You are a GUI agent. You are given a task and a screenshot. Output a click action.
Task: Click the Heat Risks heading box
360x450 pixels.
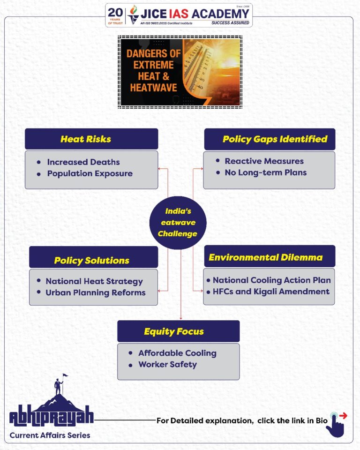point(91,139)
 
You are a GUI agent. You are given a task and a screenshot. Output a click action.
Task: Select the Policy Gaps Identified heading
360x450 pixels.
point(269,139)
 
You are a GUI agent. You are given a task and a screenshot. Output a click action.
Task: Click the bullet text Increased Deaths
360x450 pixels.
point(83,162)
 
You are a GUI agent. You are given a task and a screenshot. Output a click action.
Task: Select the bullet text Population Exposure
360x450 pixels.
point(90,173)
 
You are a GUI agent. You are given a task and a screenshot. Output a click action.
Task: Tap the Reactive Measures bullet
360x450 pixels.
point(264,161)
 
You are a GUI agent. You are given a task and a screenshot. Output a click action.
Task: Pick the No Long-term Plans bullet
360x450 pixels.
point(265,172)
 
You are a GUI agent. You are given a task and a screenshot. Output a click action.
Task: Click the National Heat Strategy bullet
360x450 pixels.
point(94,281)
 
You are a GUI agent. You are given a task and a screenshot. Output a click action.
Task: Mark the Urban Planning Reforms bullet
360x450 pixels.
point(95,292)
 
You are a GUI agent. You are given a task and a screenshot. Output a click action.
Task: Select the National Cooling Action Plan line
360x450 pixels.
point(271,280)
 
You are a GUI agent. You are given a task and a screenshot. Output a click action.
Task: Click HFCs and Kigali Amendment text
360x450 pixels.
point(271,291)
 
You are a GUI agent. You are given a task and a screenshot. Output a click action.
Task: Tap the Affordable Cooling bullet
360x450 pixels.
point(177,353)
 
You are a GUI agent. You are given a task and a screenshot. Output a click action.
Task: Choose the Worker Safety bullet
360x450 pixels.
point(167,364)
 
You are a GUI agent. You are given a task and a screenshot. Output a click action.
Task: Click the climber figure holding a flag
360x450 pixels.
point(59,384)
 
